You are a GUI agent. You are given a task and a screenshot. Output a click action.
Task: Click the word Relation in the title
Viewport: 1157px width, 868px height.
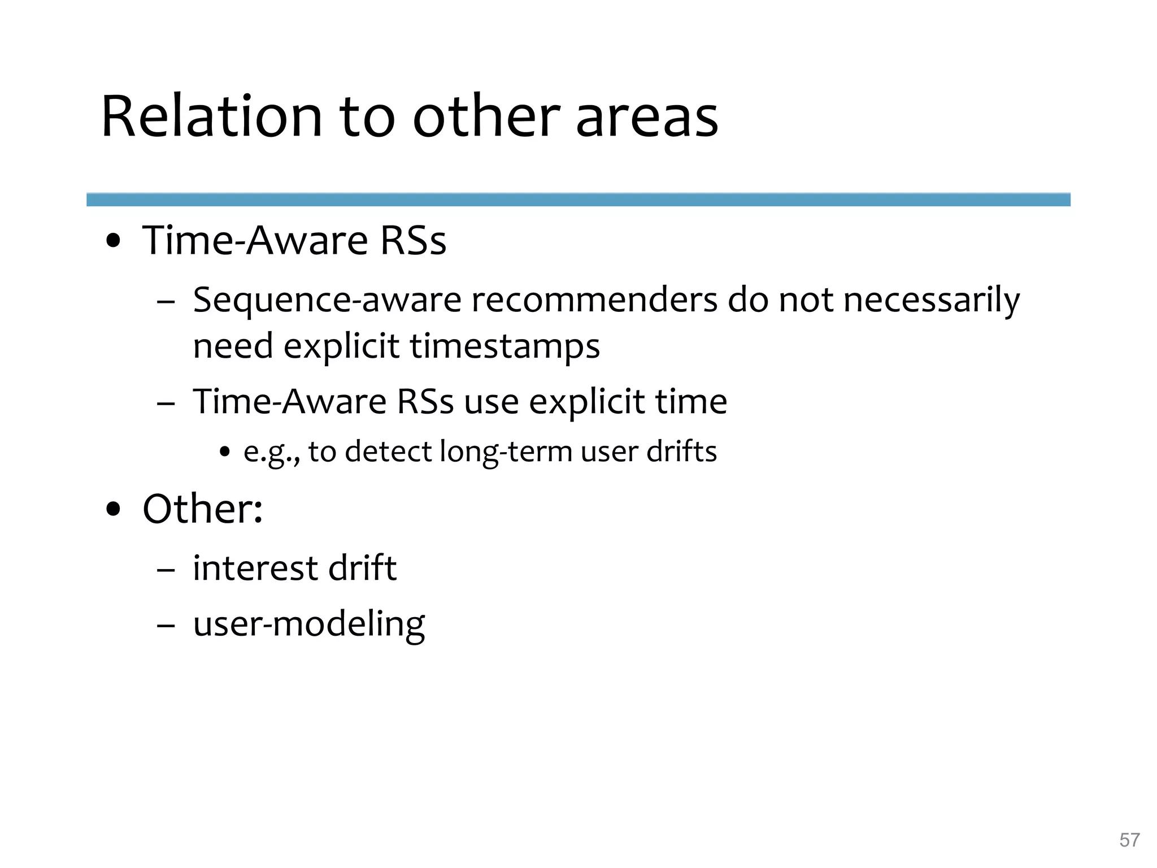point(211,117)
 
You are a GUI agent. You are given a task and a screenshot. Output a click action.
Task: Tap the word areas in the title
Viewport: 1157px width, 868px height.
point(646,117)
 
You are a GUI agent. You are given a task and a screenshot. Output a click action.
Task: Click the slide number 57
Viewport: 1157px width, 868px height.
point(1129,840)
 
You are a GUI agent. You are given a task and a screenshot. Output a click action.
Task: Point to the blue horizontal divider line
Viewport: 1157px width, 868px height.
point(578,199)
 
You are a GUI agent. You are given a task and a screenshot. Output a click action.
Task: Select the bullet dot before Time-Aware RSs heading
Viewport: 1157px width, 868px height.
point(114,241)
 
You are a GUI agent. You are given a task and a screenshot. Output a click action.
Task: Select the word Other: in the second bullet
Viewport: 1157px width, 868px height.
point(202,509)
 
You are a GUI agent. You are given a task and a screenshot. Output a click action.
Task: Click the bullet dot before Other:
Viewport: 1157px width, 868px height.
point(114,509)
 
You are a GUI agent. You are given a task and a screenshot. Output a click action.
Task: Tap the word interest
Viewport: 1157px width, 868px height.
point(255,568)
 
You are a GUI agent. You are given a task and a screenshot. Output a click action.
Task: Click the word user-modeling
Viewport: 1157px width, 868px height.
point(308,624)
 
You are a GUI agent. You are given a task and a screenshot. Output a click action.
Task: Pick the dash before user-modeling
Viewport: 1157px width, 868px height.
point(166,626)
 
